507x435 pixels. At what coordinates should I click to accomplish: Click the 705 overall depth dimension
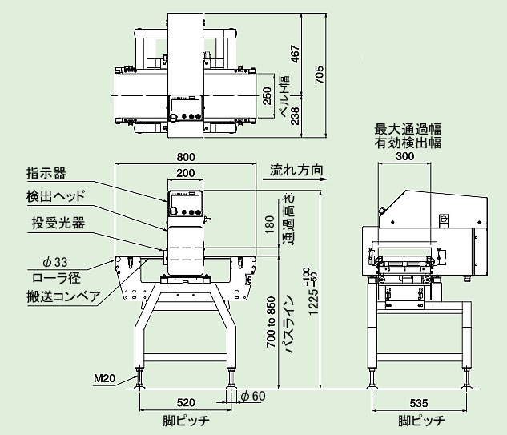pyautogui.click(x=320, y=76)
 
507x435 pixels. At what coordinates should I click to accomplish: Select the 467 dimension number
pyautogui.click(x=296, y=55)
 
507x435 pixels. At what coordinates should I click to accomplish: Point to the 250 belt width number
pyautogui.click(x=268, y=96)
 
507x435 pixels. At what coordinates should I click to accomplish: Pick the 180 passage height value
pyautogui.click(x=268, y=225)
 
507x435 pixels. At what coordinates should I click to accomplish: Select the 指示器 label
pyautogui.click(x=46, y=171)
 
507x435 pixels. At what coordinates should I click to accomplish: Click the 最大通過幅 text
pyautogui.click(x=408, y=128)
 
